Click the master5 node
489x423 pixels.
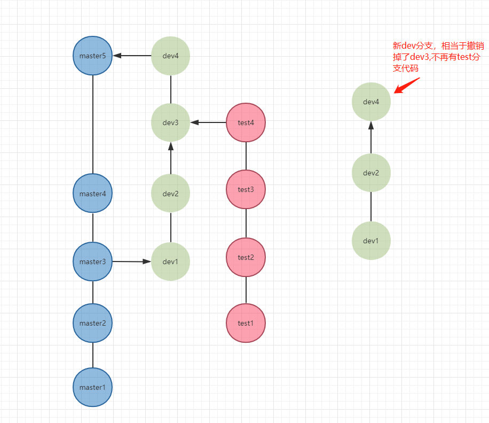(92, 56)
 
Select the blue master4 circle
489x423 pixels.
(92, 194)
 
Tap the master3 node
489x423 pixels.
(92, 262)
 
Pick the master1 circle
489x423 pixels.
(92, 387)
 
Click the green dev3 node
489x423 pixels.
(171, 122)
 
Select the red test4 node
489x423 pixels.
(246, 122)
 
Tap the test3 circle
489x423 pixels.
(246, 189)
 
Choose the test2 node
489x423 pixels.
(246, 257)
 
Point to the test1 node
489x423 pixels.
(246, 323)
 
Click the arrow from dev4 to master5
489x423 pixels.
(132, 56)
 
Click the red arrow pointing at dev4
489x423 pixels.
(407, 86)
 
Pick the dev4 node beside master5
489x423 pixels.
(171, 56)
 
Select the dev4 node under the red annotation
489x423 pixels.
(371, 101)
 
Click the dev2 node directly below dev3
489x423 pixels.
(171, 194)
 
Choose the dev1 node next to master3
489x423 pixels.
(171, 262)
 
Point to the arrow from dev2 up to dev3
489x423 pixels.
(171, 158)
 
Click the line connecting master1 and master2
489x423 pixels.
(93, 355)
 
